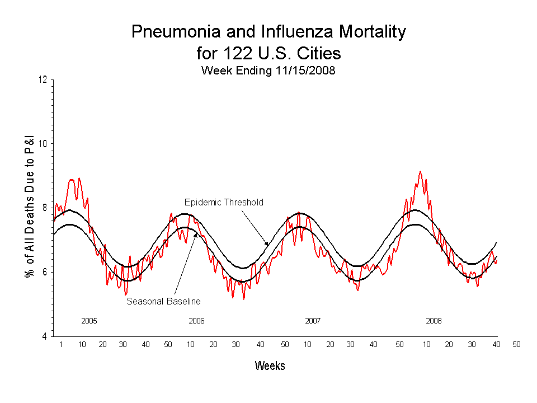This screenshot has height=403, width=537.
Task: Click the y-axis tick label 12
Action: tap(43, 79)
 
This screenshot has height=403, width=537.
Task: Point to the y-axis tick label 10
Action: tap(43, 143)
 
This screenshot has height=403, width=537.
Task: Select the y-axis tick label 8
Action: tap(45, 208)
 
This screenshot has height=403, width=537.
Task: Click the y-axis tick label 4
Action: tap(45, 336)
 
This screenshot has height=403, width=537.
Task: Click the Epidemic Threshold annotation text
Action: tap(224, 202)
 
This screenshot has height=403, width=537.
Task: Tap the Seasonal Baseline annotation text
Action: tap(163, 301)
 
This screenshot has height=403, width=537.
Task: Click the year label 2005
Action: tap(89, 321)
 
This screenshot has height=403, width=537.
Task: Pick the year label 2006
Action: tap(196, 321)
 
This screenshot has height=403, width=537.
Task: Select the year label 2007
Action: tap(313, 321)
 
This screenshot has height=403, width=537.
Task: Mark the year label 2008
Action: tap(434, 321)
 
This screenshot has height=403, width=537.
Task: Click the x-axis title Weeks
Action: tap(270, 366)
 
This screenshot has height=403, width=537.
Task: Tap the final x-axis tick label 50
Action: tap(516, 344)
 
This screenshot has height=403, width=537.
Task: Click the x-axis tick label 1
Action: tap(60, 344)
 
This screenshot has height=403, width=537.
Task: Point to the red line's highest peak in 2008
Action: tap(420, 172)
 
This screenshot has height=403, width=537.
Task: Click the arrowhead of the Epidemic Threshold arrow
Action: tap(268, 244)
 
